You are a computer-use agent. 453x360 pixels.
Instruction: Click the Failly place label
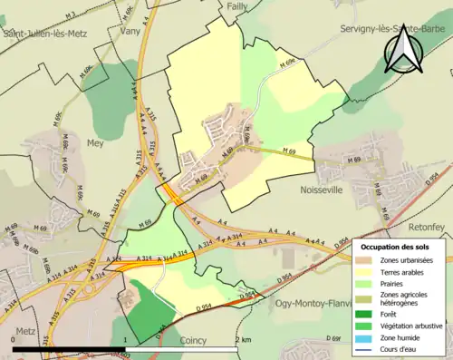click(237, 6)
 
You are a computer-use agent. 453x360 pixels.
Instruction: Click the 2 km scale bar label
click(242, 339)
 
